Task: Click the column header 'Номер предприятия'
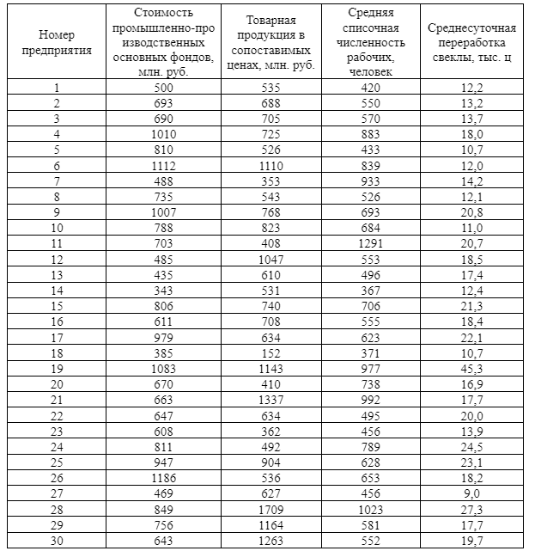pyautogui.click(x=57, y=42)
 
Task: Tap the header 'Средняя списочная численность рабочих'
pyautogui.click(x=372, y=42)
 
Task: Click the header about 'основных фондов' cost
pyautogui.click(x=163, y=42)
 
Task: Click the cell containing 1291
pyautogui.click(x=372, y=244)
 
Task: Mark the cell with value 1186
pyautogui.click(x=163, y=478)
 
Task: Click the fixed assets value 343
pyautogui.click(x=163, y=291)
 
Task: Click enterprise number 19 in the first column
pyautogui.click(x=57, y=369)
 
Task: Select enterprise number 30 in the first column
pyautogui.click(x=57, y=540)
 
